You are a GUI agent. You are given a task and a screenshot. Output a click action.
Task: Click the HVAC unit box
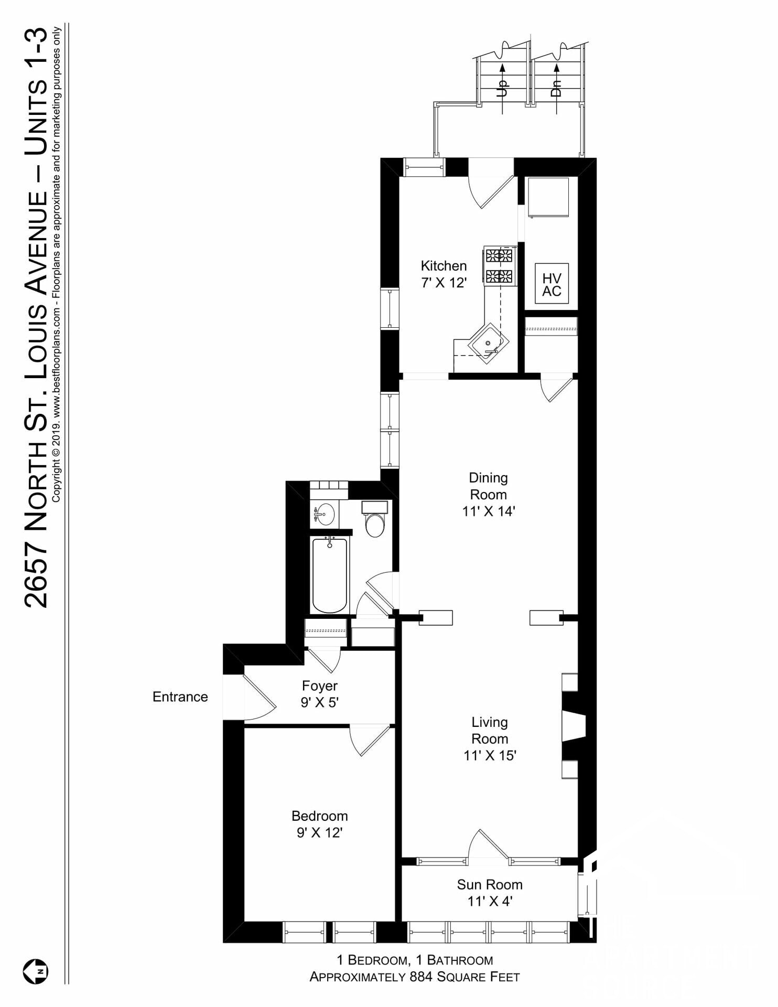(552, 284)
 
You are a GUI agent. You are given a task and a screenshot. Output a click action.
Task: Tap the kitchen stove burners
(500, 266)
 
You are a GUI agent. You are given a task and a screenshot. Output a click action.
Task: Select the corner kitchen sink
(488, 343)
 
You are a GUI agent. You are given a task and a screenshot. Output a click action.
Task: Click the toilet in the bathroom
(374, 519)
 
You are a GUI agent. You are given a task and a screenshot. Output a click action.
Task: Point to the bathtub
(330, 575)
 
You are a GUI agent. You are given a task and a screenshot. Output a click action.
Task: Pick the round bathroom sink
(325, 514)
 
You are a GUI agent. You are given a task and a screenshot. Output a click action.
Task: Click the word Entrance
(180, 697)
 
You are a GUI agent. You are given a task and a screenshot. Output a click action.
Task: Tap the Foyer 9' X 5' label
(320, 694)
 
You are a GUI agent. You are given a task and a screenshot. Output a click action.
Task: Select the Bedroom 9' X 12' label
(320, 824)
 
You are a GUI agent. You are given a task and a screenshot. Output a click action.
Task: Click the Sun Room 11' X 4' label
(490, 893)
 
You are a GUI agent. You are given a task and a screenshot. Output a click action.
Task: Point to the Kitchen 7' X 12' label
(444, 274)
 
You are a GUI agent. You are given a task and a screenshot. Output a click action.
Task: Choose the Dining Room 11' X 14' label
(489, 494)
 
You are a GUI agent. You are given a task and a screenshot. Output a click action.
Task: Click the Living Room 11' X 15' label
(490, 738)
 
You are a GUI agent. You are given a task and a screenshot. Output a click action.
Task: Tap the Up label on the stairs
(502, 88)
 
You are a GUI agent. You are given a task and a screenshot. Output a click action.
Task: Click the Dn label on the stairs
(556, 88)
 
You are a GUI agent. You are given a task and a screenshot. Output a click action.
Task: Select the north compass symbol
(35, 971)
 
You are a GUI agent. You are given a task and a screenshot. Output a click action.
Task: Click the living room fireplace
(574, 726)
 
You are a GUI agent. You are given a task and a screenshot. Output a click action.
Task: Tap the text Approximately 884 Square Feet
(415, 977)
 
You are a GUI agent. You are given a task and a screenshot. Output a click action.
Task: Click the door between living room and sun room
(488, 844)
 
